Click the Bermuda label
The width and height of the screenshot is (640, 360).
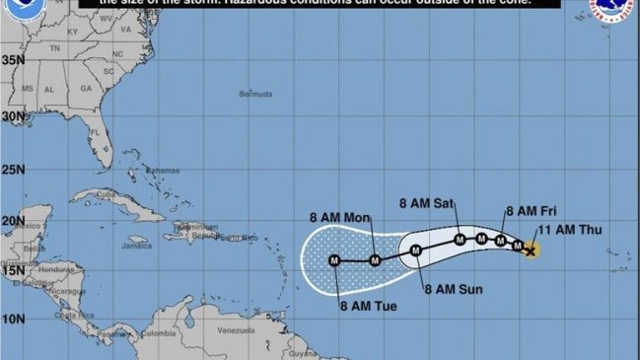(x=254, y=95)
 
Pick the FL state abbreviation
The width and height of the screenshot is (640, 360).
(x=95, y=131)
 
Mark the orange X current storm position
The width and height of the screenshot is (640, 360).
(x=531, y=251)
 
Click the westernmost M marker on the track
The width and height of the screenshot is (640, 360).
(x=334, y=260)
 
